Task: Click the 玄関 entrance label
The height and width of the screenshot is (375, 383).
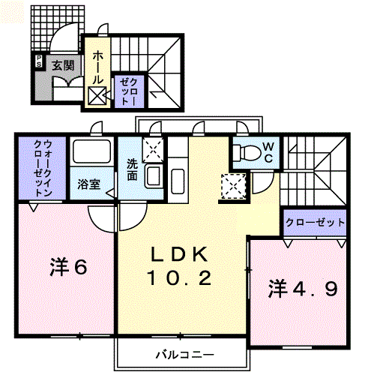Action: [62, 65]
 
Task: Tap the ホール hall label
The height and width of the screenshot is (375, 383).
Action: [98, 67]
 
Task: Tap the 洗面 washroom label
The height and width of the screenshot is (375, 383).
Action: [132, 170]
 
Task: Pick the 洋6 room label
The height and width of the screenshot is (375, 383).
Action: [67, 266]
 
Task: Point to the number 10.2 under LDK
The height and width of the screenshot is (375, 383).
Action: [180, 279]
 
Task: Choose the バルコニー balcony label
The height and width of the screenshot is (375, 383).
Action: [184, 353]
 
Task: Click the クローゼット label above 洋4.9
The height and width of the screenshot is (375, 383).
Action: [315, 223]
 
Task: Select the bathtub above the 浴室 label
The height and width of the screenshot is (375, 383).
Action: [90, 154]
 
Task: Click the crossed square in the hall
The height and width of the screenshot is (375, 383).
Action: [98, 95]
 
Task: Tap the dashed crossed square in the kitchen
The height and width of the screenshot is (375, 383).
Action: [232, 184]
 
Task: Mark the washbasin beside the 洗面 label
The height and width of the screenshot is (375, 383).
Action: [151, 177]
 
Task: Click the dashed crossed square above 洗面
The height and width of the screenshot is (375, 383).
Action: [152, 148]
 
